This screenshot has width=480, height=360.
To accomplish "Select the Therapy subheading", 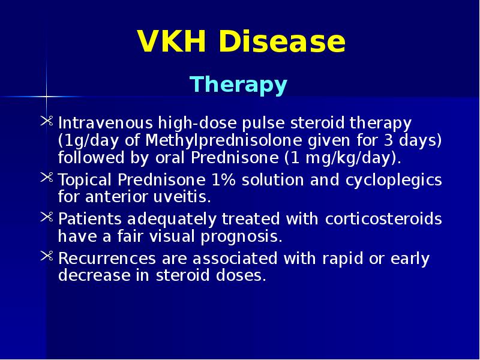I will [x=239, y=85].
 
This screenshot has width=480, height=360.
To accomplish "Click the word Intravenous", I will [x=105, y=124].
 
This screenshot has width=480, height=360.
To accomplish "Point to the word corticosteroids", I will [x=383, y=219].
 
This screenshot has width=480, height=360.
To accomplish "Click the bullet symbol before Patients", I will [x=47, y=219].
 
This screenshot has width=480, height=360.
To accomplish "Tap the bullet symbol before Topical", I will [x=47, y=179].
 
